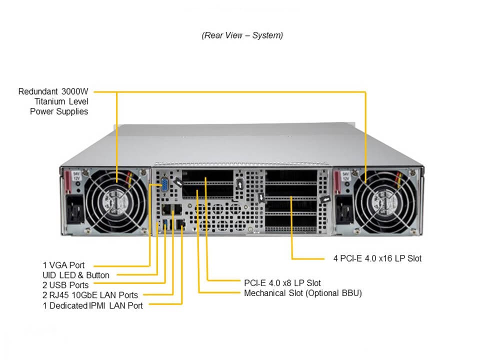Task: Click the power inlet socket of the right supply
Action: (x=343, y=212)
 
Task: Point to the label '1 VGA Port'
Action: (x=63, y=265)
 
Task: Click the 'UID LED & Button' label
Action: (x=75, y=275)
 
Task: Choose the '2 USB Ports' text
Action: (x=65, y=285)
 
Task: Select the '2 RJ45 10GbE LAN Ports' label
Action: (x=90, y=295)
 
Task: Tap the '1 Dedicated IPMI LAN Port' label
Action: (x=92, y=305)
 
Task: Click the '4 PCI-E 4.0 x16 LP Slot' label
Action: (x=377, y=258)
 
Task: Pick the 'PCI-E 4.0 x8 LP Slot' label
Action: (x=282, y=283)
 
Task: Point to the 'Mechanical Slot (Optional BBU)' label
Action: (x=302, y=293)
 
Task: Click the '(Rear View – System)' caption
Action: (x=242, y=35)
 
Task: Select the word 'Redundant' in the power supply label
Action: (x=37, y=91)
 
